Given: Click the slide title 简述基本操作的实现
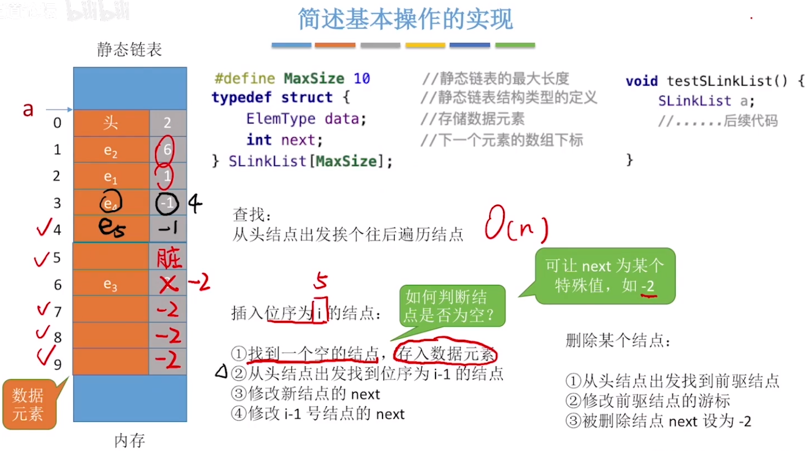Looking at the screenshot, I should point(405,19).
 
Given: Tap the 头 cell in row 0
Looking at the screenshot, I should point(110,123).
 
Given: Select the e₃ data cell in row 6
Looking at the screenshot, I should point(110,285).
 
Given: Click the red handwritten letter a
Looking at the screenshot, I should point(28,110).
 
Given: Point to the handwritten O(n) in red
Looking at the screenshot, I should point(515,224).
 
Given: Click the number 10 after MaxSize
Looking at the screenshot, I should point(362,79).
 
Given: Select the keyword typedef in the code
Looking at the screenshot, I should point(241,97).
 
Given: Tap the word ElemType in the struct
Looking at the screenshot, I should point(280,119).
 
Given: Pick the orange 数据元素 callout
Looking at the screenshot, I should point(29,404).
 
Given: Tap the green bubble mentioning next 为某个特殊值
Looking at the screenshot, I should point(605,275).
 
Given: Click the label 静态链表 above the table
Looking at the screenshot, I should point(129,49).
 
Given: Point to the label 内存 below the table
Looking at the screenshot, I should point(130,440).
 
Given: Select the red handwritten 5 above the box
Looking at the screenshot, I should point(320,280).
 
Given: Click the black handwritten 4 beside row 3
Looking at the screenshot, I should point(195,203).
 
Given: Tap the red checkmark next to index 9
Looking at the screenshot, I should point(46,355).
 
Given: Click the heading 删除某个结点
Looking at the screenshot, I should point(618,340).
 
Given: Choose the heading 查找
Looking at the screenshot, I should point(252,215).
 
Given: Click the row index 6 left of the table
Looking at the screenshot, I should point(57,285).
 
